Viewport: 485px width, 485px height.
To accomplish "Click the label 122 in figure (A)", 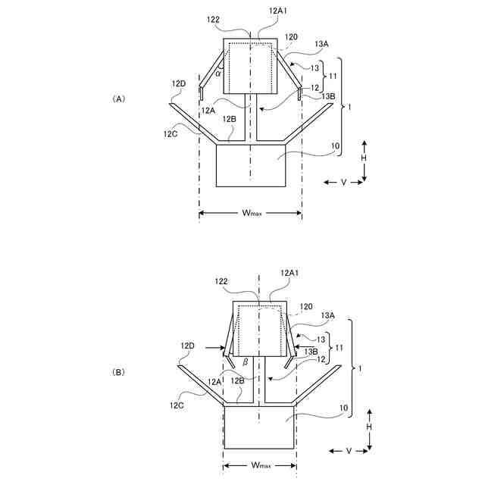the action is tap(213, 20).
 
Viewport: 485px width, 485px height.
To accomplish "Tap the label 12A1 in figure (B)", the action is tap(289, 273).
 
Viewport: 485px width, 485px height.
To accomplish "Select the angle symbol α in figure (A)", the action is tap(218, 74).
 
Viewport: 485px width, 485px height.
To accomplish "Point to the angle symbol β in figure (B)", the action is tap(245, 362).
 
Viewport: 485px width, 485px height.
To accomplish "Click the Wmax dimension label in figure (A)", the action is tap(252, 213).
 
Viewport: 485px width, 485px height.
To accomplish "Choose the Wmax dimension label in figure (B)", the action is tap(261, 465).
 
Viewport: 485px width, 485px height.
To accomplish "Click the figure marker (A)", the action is tap(118, 99).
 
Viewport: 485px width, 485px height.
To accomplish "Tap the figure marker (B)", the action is tap(118, 372).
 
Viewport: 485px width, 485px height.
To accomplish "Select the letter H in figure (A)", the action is tap(364, 158).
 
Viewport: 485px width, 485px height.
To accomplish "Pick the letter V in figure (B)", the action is tap(349, 452).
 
